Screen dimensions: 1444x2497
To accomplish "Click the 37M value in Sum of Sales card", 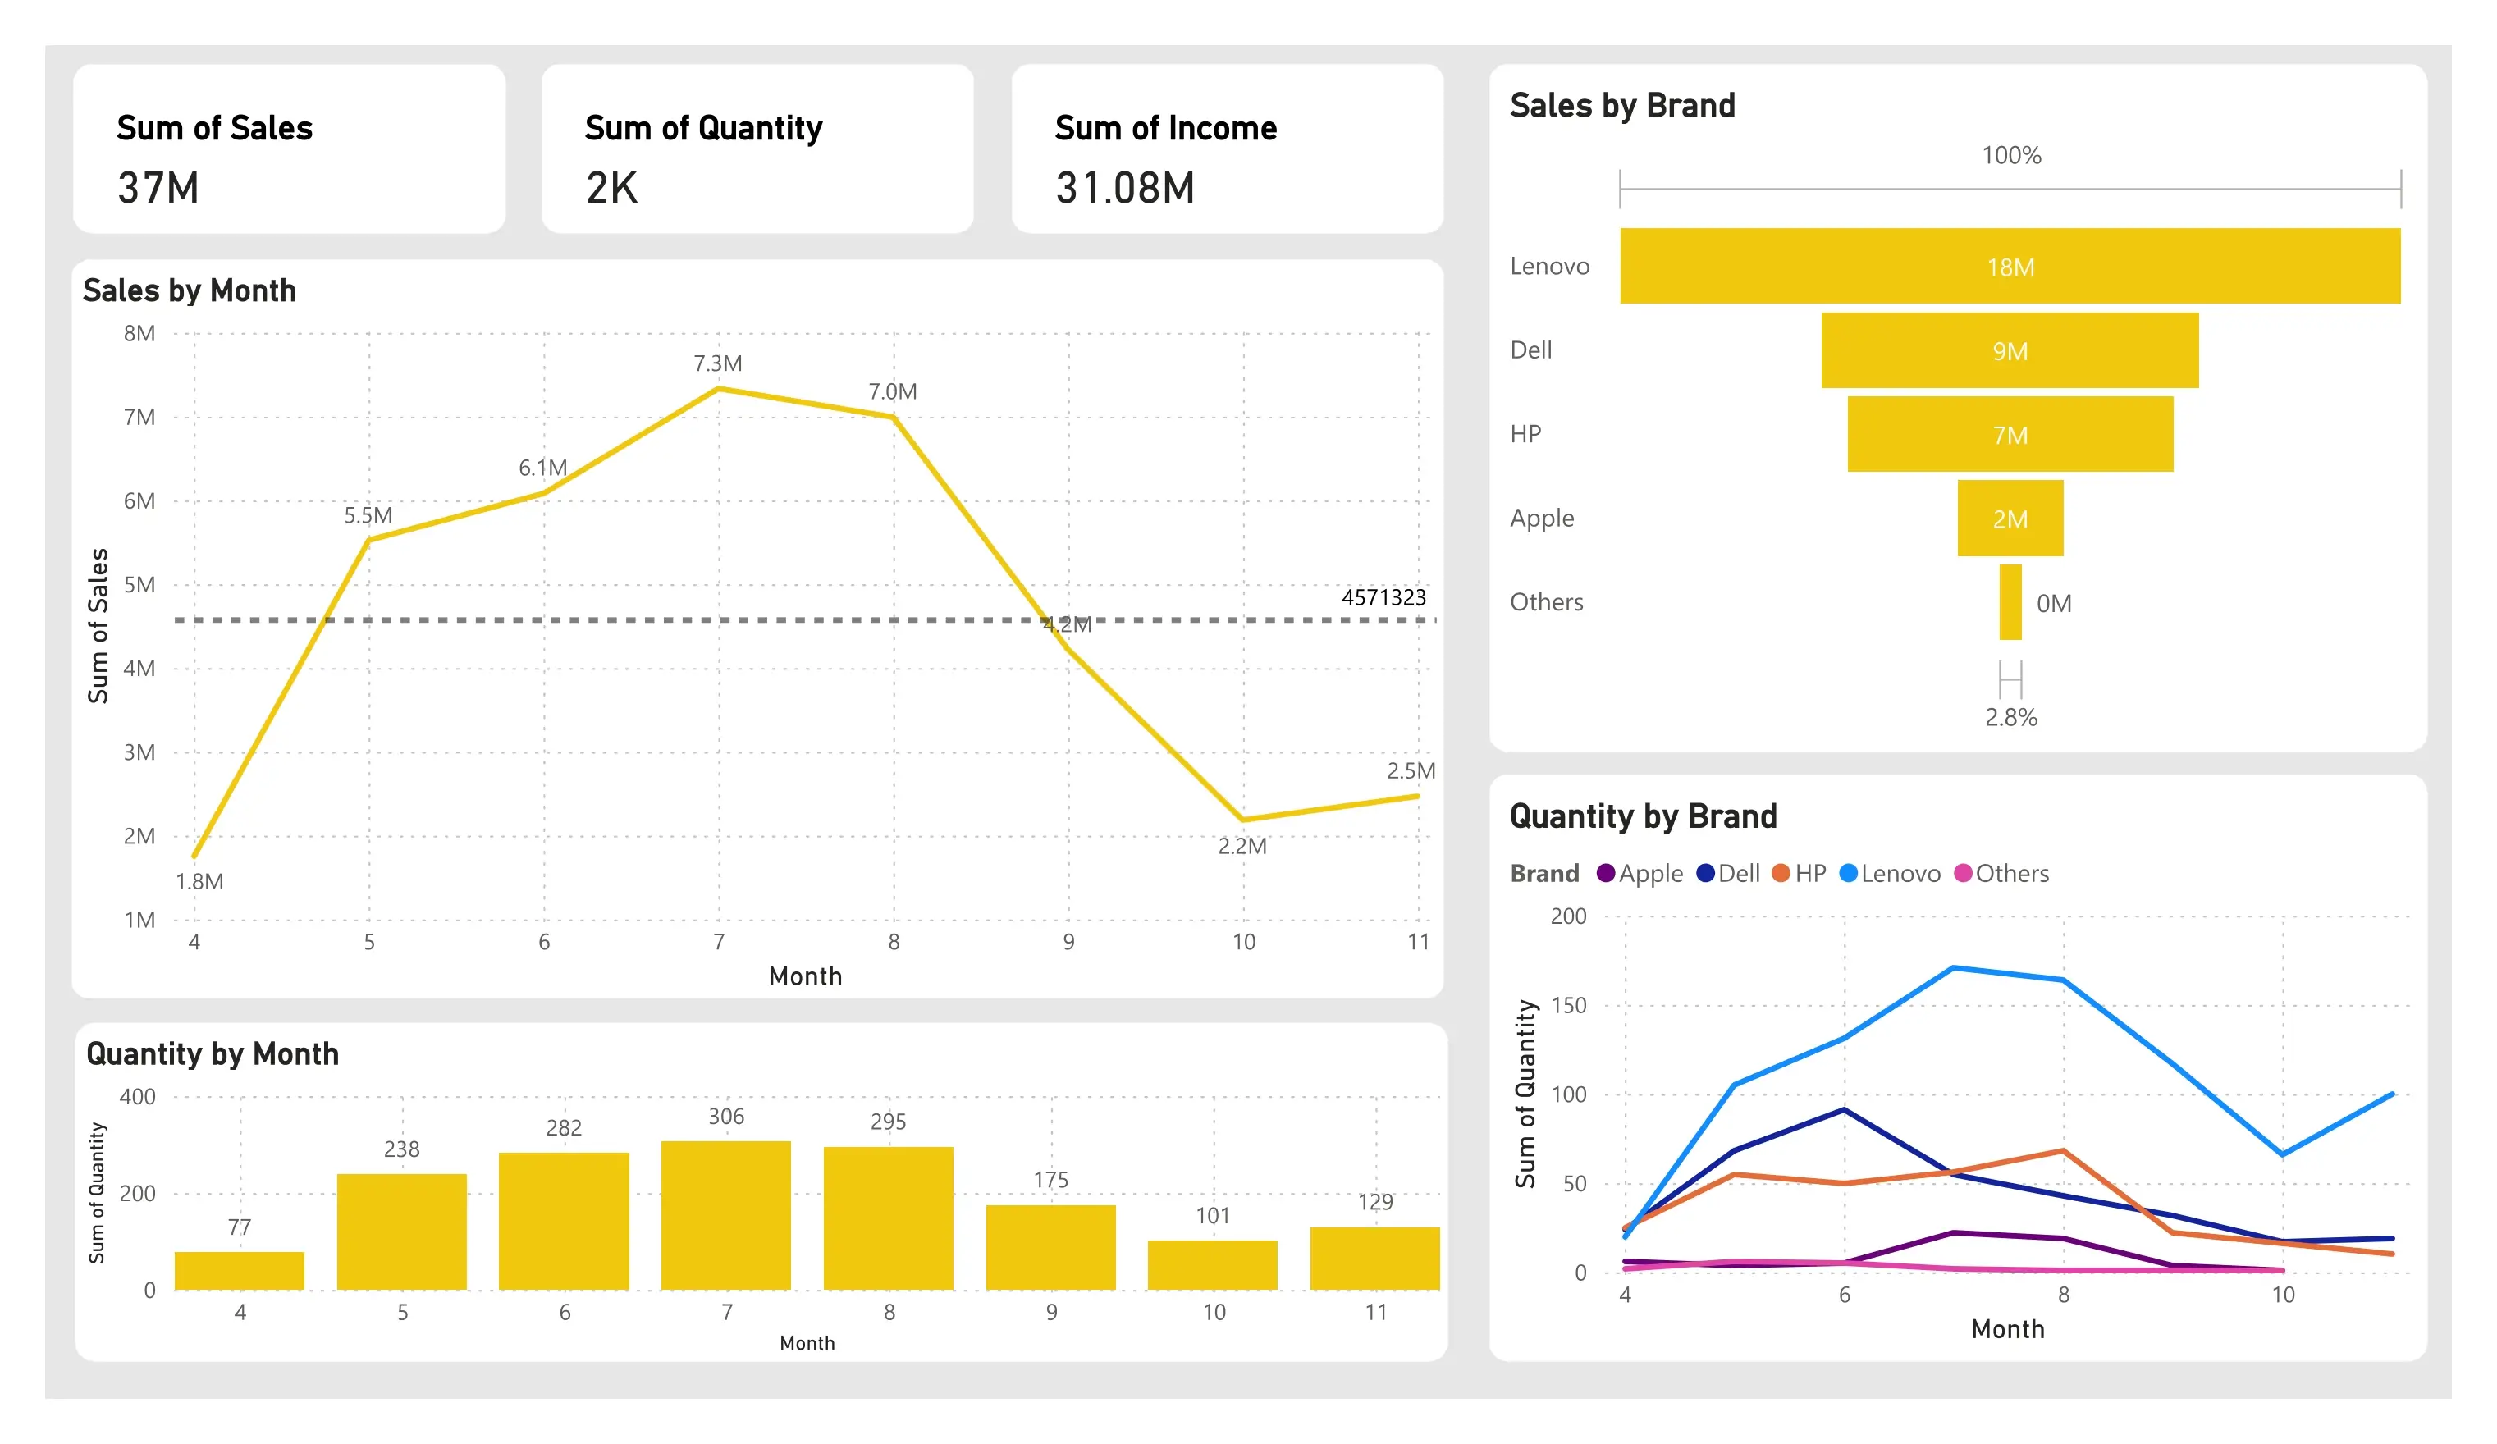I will click(158, 188).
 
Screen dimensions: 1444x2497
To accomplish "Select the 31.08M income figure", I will click(1125, 188).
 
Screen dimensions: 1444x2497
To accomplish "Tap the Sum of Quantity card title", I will click(703, 128).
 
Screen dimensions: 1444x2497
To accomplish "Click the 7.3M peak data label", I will click(717, 363).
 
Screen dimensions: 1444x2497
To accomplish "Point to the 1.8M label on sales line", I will click(199, 881).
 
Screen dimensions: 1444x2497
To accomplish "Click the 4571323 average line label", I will click(1383, 597).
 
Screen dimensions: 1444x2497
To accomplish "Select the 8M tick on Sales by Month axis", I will click(139, 334).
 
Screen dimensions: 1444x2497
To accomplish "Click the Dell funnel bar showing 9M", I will click(2010, 350).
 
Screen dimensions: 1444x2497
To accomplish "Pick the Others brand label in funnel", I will click(1546, 602).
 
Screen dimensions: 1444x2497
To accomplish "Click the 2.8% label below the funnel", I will click(2010, 717).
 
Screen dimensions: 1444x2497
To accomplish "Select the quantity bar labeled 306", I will click(725, 1215).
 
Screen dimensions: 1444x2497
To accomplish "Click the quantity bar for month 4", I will click(240, 1271).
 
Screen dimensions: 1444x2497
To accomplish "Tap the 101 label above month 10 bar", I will click(1213, 1215).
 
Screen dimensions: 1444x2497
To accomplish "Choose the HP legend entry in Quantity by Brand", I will click(1800, 874).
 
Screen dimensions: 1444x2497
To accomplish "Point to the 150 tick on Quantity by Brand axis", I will click(1569, 1005).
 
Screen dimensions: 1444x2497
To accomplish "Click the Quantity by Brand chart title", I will click(1643, 816).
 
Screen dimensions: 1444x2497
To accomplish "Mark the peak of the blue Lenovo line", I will click(1953, 967).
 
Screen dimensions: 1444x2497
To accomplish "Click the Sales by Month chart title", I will click(190, 290).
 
